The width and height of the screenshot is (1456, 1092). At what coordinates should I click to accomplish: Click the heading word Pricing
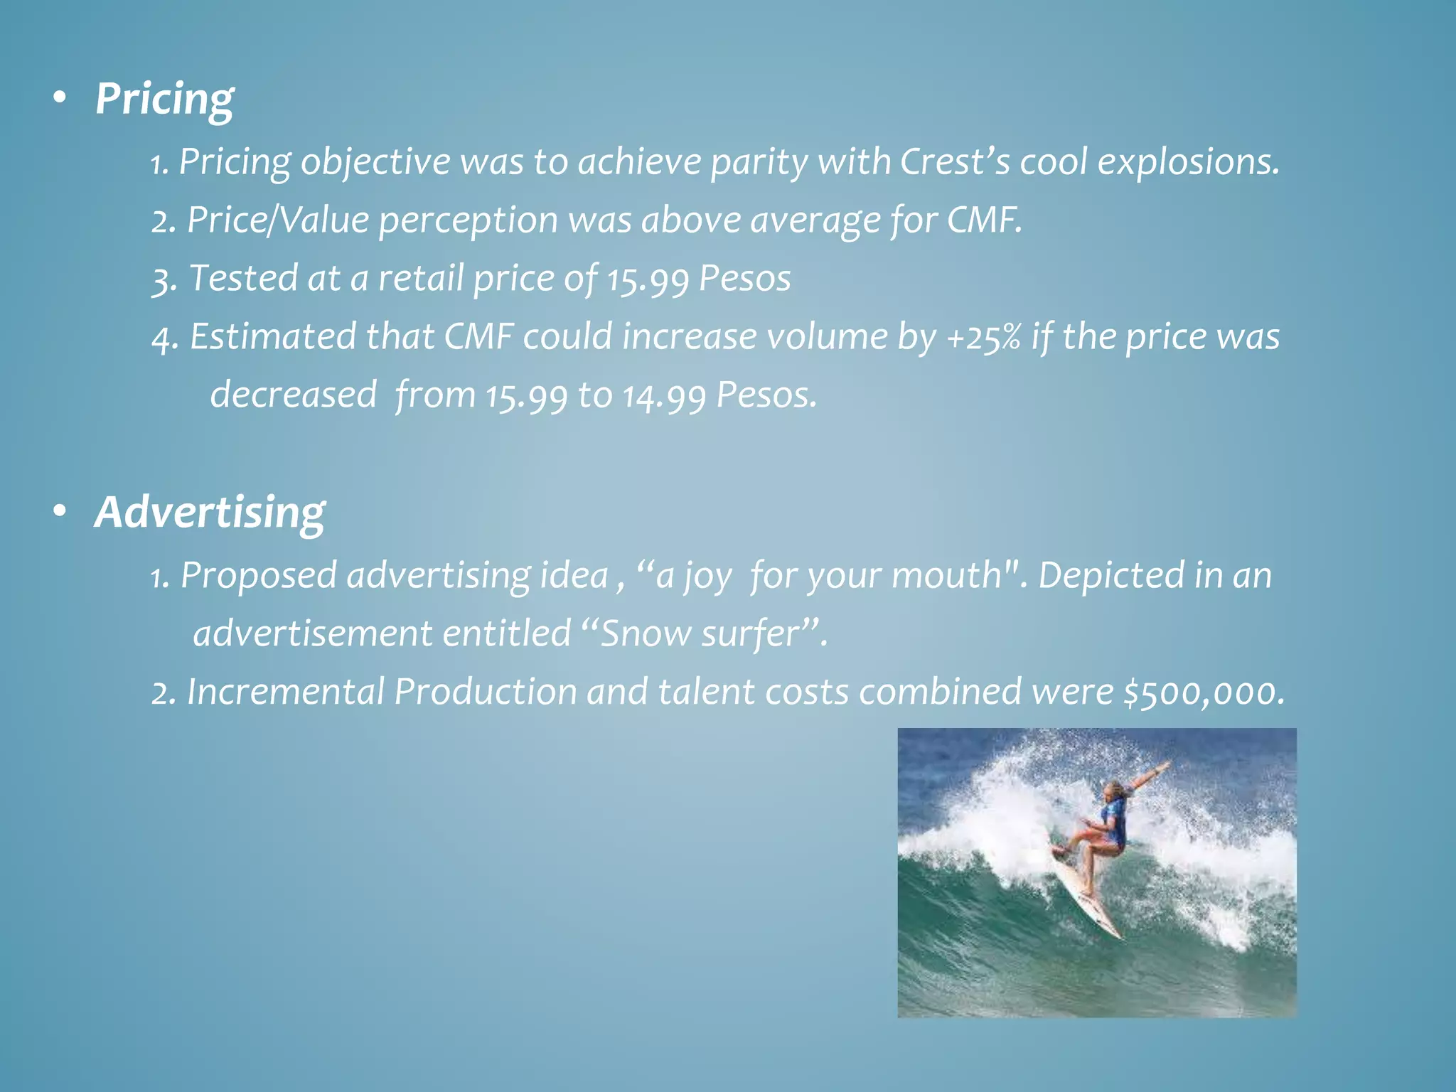(x=164, y=100)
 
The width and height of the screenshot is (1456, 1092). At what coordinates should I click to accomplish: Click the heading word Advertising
(x=210, y=512)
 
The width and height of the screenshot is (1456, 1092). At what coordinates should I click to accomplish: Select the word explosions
(x=1188, y=163)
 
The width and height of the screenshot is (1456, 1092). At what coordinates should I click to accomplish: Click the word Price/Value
(x=278, y=220)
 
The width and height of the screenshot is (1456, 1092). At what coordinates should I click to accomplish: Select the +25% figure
(x=984, y=336)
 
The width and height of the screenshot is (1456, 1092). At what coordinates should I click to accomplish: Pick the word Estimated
(x=273, y=336)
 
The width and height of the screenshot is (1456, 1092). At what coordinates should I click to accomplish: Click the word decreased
(x=293, y=395)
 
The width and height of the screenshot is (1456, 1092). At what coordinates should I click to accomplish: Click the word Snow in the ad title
(x=646, y=633)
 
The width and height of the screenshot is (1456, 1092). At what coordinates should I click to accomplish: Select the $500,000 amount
(x=1204, y=692)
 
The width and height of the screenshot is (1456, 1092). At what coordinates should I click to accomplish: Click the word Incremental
(x=286, y=692)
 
